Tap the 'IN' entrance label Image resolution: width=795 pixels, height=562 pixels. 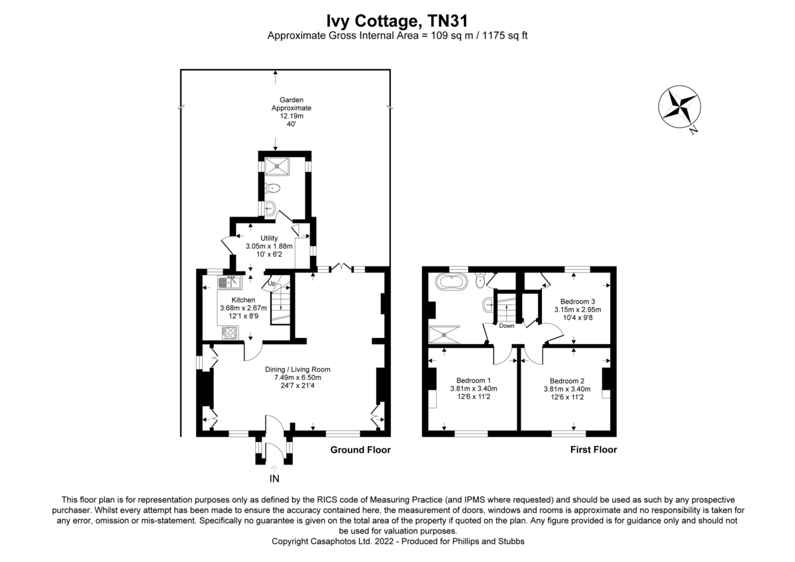click(x=274, y=478)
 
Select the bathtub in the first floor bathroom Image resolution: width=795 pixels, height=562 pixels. click(x=452, y=282)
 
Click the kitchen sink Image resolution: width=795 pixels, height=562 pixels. click(x=229, y=283)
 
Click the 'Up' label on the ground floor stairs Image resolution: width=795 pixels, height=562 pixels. click(x=271, y=284)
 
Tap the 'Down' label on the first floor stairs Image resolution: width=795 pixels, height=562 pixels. click(x=506, y=325)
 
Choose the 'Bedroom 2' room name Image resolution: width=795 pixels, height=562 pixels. click(x=567, y=380)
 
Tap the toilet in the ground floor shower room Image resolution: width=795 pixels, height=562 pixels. click(x=274, y=189)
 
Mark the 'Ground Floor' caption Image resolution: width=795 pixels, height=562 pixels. click(x=360, y=450)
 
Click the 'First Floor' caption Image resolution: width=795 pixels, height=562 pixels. click(x=593, y=450)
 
